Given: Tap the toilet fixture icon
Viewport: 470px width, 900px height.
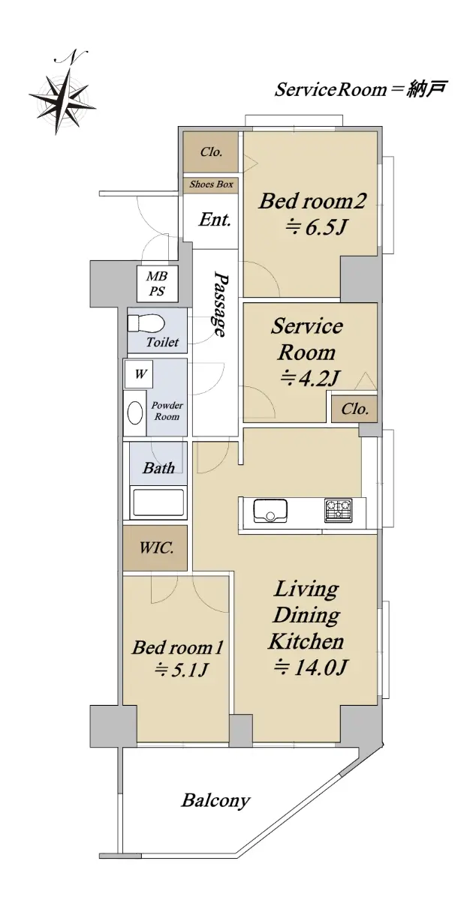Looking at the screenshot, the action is pos(146,323).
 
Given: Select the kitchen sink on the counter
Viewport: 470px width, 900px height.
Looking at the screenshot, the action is pos(270,511).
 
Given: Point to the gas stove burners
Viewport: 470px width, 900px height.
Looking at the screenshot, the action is pos(338,510).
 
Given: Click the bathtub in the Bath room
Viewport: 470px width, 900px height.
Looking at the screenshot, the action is pos(158,502).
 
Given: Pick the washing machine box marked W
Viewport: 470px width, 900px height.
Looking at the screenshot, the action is pos(139,374).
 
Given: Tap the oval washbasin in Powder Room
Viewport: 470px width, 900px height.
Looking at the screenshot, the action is pos(135,412).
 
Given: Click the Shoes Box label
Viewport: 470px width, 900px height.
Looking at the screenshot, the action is pos(211,184).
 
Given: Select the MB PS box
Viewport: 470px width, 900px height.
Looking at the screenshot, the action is pos(157,283).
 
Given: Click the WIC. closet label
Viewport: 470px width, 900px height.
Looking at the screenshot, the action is pos(156,547).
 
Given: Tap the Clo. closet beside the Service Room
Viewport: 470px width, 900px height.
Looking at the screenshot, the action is pos(354,409).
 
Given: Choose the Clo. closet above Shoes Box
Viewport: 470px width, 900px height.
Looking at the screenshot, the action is pos(211,151).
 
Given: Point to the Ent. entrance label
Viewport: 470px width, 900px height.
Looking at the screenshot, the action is pos(215,220).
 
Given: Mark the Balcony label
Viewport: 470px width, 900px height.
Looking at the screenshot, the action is pos(215,800).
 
